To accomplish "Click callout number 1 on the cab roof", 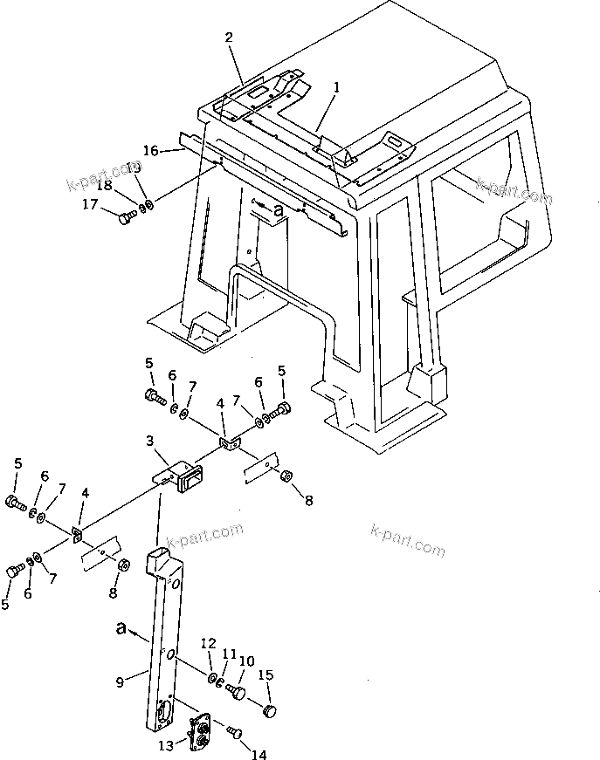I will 337,87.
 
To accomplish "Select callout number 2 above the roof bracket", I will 229,37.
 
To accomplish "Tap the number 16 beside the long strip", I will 151,150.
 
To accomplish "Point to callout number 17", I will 89,205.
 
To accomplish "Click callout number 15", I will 267,674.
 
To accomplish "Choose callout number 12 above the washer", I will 207,643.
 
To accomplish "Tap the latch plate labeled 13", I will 199,730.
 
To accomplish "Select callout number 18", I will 104,185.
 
